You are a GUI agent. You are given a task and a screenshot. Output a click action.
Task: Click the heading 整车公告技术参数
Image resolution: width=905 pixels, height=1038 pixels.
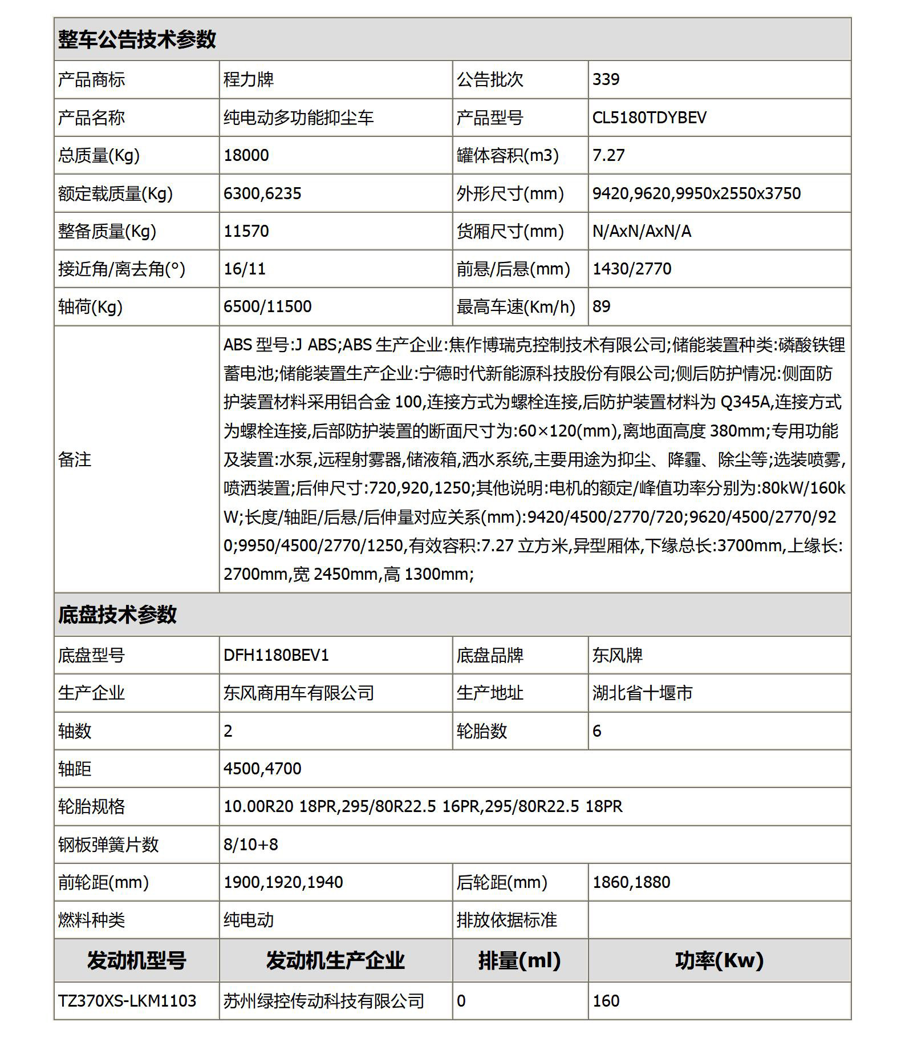click(137, 40)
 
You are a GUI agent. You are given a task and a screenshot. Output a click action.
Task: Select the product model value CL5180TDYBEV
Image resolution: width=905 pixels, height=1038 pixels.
click(649, 118)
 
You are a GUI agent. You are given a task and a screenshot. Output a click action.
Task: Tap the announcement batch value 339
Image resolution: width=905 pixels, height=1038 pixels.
click(606, 79)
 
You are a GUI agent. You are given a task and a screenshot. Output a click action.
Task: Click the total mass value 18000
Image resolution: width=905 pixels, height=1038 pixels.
click(246, 155)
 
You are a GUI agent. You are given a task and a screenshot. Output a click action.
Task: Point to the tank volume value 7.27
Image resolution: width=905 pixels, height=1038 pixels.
click(608, 155)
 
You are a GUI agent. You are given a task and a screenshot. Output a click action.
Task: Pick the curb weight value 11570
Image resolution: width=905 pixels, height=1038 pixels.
click(246, 231)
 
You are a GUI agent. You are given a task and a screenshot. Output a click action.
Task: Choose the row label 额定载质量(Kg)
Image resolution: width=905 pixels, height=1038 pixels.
click(115, 193)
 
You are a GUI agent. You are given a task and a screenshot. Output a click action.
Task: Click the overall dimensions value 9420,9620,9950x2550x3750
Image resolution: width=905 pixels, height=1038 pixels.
click(696, 193)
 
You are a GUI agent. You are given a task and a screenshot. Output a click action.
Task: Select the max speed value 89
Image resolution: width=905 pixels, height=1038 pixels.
click(601, 306)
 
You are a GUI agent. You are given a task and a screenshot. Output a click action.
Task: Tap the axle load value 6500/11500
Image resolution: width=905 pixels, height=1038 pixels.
click(267, 306)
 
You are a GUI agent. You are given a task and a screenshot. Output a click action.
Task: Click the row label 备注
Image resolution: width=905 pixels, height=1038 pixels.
click(75, 459)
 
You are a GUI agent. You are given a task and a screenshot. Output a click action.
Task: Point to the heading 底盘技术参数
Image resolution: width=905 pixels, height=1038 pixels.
click(117, 615)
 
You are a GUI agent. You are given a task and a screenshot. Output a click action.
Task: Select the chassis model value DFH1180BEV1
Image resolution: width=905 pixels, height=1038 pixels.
click(276, 655)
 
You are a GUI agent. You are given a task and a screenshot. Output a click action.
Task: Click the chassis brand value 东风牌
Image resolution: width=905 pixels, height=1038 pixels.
click(617, 655)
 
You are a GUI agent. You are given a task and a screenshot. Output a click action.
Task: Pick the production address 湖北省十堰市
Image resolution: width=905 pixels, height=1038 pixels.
click(642, 693)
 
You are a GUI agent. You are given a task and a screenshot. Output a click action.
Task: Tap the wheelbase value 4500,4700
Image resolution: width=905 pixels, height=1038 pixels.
click(262, 769)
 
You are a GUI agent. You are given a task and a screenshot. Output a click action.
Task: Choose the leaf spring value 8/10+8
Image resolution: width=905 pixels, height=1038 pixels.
click(251, 845)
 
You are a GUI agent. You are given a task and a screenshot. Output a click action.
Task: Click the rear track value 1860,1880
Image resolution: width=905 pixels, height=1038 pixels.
click(631, 882)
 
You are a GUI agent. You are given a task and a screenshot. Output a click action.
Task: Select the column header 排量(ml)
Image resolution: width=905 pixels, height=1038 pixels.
click(520, 960)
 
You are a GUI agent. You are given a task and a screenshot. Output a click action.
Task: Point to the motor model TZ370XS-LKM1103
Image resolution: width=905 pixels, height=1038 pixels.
click(127, 1001)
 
